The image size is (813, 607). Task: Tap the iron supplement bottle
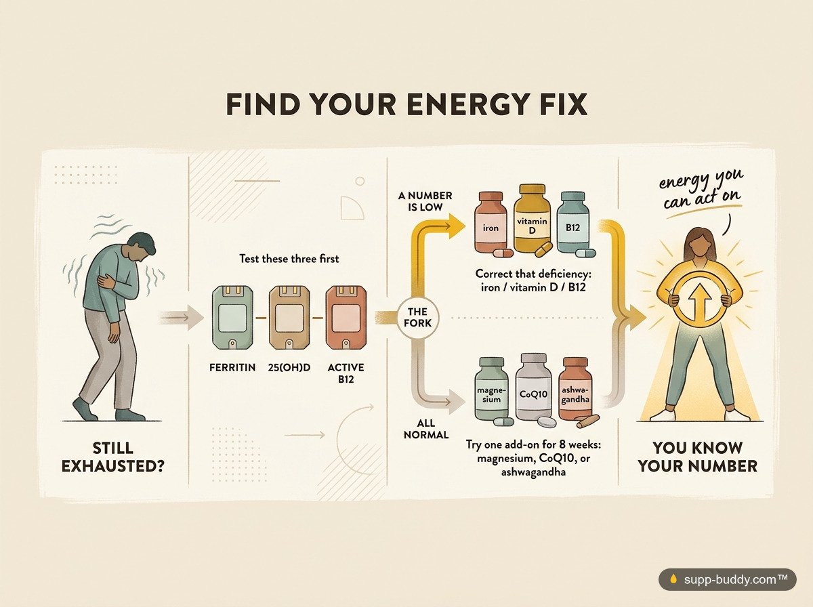pyautogui.click(x=491, y=222)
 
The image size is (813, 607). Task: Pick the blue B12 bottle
pyautogui.click(x=573, y=222)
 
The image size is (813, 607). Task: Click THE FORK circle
pyautogui.click(x=418, y=318)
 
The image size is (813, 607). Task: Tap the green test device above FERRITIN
pyautogui.click(x=232, y=318)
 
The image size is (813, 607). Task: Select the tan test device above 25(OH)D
pyautogui.click(x=289, y=318)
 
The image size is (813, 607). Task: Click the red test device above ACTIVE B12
pyautogui.click(x=346, y=318)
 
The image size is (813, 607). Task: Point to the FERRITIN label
pyautogui.click(x=232, y=367)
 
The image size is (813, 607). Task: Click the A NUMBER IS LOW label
pyautogui.click(x=425, y=201)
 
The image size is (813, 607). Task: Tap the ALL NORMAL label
pyautogui.click(x=426, y=429)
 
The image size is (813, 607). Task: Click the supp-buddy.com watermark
pyautogui.click(x=728, y=580)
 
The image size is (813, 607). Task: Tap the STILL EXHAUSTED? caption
pyautogui.click(x=112, y=457)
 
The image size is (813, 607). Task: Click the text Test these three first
pyautogui.click(x=289, y=259)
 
